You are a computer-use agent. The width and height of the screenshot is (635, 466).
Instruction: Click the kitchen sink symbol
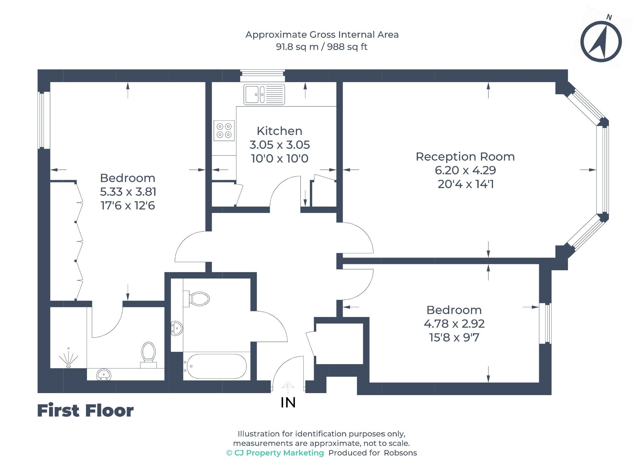tap(264, 95)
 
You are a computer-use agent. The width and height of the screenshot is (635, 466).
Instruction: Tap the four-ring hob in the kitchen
tap(224, 131)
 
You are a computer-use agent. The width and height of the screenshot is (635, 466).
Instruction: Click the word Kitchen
tap(279, 131)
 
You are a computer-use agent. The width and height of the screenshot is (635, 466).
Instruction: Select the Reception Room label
tap(465, 157)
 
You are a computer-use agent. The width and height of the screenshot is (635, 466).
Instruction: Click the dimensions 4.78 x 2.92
tap(454, 324)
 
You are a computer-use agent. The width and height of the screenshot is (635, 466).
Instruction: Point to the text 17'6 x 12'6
tap(128, 206)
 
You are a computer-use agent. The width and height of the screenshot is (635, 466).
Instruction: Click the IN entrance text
tap(288, 403)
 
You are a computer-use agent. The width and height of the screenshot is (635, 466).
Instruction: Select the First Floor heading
tap(85, 411)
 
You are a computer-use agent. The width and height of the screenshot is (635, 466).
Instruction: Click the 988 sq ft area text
tap(347, 47)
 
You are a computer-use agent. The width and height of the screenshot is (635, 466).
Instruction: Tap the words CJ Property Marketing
tap(279, 453)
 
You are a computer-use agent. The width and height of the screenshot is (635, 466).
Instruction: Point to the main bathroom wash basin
tap(177, 328)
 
